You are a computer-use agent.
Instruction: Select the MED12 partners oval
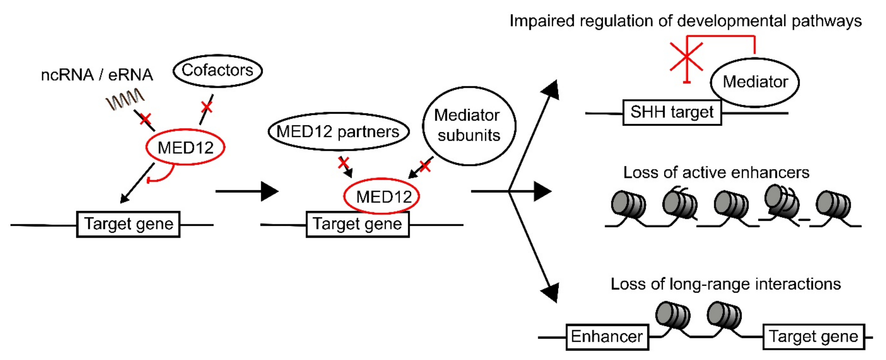coord(338,132)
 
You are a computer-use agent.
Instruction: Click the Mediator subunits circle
coord(469,126)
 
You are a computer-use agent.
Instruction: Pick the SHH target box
coord(672,112)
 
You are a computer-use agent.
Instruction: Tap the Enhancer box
coord(607,337)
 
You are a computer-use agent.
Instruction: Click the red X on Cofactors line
coord(207,107)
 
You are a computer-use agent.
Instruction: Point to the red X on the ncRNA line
coord(145,119)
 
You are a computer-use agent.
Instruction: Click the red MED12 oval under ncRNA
coord(185,147)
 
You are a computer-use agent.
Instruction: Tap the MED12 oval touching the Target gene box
coord(382,196)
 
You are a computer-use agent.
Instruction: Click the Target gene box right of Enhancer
coord(813,337)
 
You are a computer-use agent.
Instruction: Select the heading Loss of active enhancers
coord(716,173)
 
